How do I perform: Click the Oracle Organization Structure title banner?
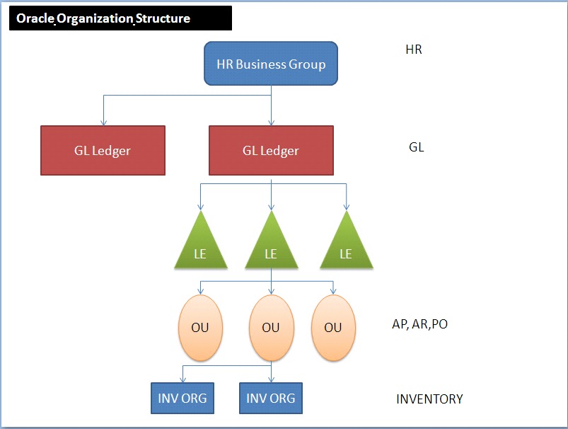pyautogui.click(x=120, y=18)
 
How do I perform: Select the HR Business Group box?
pyautogui.click(x=271, y=64)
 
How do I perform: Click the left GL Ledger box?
pyautogui.click(x=103, y=150)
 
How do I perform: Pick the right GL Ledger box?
pyautogui.click(x=271, y=150)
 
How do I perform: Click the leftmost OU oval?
pyautogui.click(x=201, y=327)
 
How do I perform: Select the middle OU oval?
pyautogui.click(x=271, y=327)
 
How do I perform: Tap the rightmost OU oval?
pyautogui.click(x=332, y=327)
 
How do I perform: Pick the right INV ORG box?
pyautogui.click(x=271, y=398)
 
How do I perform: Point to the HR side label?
pyautogui.click(x=414, y=50)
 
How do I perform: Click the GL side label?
pyautogui.click(x=416, y=148)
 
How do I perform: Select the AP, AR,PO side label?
pyautogui.click(x=419, y=324)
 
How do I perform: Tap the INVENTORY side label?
pyautogui.click(x=429, y=399)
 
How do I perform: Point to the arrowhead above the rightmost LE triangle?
pyautogui.click(x=346, y=207)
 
